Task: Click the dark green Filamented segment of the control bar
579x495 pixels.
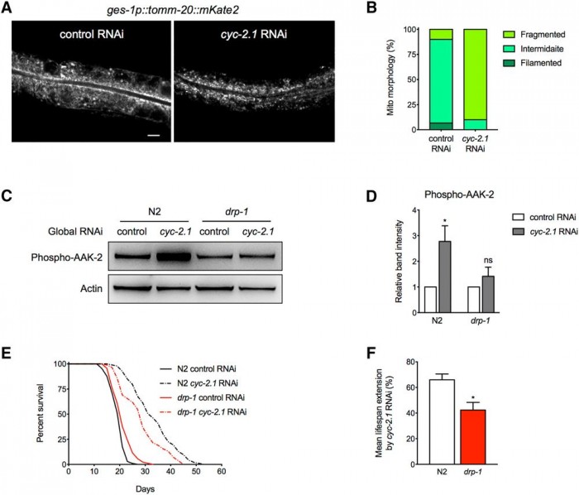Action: pos(441,126)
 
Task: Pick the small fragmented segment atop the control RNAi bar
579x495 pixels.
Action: pos(441,34)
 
